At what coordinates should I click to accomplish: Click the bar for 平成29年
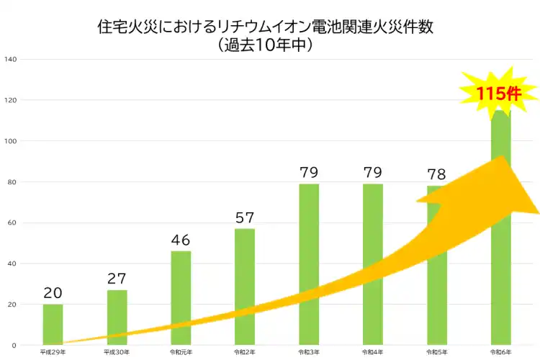point(53,324)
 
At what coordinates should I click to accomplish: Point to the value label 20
point(53,292)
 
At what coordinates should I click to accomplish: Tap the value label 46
point(181,240)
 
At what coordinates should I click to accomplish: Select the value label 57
point(245,217)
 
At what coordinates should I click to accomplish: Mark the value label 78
point(436,174)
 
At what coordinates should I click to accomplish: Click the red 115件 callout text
point(498,93)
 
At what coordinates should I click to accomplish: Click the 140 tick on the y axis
point(10,59)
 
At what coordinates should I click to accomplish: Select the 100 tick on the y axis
point(10,140)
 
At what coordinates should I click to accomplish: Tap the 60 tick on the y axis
point(12,222)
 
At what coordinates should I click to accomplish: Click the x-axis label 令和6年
point(500,352)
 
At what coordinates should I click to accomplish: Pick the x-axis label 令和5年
point(436,352)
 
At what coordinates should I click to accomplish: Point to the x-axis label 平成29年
point(53,352)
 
